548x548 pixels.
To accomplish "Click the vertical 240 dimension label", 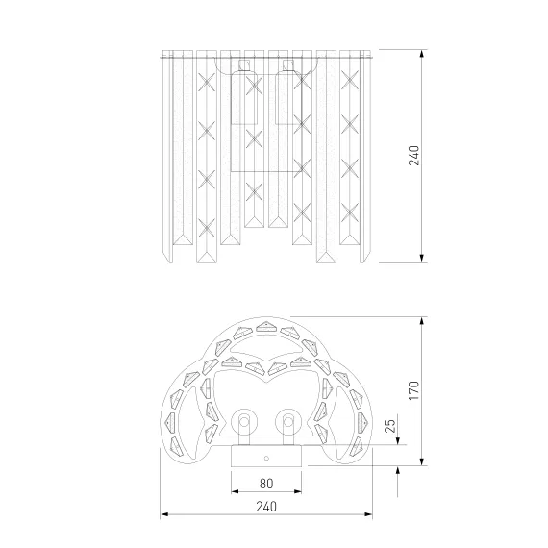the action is coord(413,156).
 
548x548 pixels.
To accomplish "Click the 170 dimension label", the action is coord(413,390).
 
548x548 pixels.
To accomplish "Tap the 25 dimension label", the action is coord(390,425).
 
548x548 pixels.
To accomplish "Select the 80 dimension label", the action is coord(266,484).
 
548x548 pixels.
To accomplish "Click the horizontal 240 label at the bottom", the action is coord(266,507).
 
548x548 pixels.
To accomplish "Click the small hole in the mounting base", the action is coord(266,458).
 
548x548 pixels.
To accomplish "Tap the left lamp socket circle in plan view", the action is coord(244,422).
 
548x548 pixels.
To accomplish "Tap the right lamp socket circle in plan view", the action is coord(288,422).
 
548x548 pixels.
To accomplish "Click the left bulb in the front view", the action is coord(244,97).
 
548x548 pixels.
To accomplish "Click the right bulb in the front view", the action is coord(288,97).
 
